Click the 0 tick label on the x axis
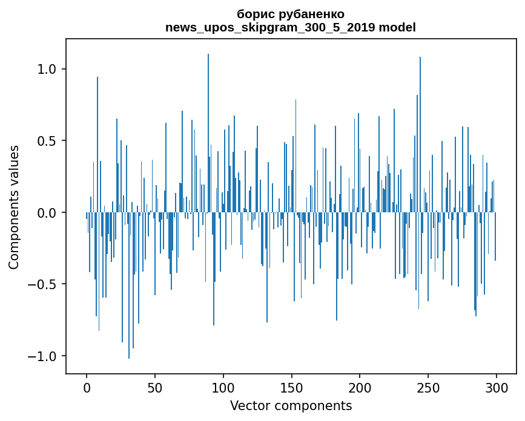click(87, 387)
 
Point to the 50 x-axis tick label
click(155, 387)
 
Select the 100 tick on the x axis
click(223, 387)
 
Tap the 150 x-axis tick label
click(291, 387)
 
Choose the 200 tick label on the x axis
click(360, 387)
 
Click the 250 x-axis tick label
click(428, 387)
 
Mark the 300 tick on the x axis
click(496, 387)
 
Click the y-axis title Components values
click(14, 207)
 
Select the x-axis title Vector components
click(291, 405)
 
